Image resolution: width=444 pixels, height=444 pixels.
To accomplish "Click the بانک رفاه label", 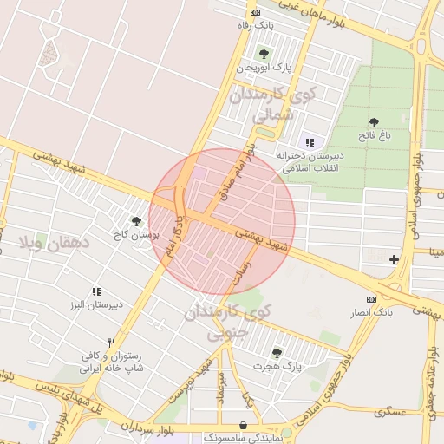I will (x=257, y=26).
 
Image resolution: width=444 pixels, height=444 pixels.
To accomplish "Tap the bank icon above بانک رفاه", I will (x=255, y=12).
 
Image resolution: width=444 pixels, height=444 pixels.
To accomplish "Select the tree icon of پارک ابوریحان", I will (x=264, y=53).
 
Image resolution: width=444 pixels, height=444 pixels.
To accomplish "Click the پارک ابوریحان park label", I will (x=264, y=66).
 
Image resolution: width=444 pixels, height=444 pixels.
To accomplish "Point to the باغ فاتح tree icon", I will (x=374, y=122).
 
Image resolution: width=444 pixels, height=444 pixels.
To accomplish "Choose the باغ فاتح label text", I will (x=375, y=135).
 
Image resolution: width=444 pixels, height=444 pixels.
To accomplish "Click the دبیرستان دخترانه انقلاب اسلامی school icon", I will (x=310, y=142).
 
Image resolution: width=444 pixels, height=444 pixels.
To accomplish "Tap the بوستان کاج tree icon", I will (x=135, y=222).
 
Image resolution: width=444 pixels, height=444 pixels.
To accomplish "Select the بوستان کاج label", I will (x=133, y=235).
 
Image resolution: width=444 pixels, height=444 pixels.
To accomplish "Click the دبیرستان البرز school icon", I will (x=96, y=292).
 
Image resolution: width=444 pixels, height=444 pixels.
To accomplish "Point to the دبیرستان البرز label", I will (x=96, y=305).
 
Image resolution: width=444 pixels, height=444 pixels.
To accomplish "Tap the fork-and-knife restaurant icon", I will (x=110, y=343).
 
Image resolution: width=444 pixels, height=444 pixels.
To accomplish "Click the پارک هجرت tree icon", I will (x=277, y=353).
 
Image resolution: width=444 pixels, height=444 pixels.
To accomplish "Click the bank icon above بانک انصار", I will (x=372, y=298).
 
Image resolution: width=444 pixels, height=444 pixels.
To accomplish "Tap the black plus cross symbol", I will (x=395, y=259).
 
